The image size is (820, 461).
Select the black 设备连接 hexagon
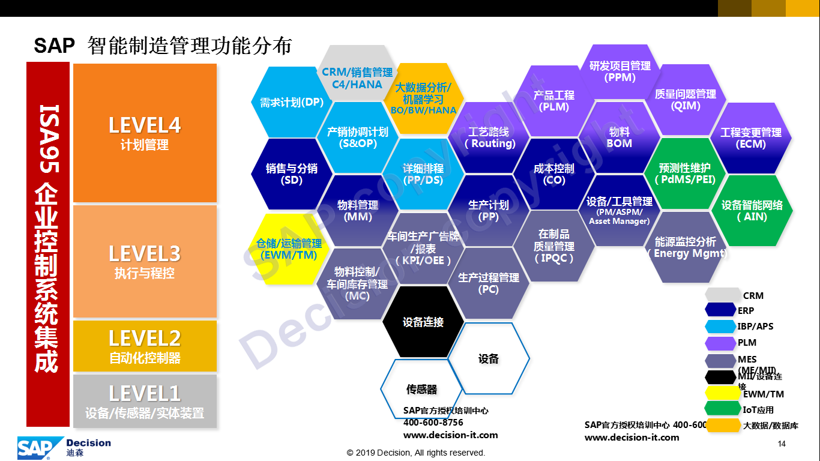pos(423,322)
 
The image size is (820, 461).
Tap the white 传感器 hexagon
pos(421,389)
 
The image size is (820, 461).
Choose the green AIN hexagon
pos(752,210)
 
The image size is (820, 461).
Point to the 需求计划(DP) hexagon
pos(291,102)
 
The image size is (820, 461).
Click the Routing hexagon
pos(489,137)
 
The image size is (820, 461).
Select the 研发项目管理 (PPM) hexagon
pos(620,71)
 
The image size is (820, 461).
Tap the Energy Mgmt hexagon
pos(686,247)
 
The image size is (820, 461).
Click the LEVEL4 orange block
pos(145,133)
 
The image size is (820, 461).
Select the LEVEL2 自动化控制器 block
pos(145,346)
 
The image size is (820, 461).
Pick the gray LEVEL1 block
pos(145,401)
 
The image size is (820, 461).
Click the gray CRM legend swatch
pos(722,295)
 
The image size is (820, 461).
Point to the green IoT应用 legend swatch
pos(722,409)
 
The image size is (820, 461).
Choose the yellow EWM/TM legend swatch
pos(722,394)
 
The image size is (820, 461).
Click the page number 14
pos(781,444)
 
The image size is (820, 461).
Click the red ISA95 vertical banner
pos(48,243)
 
